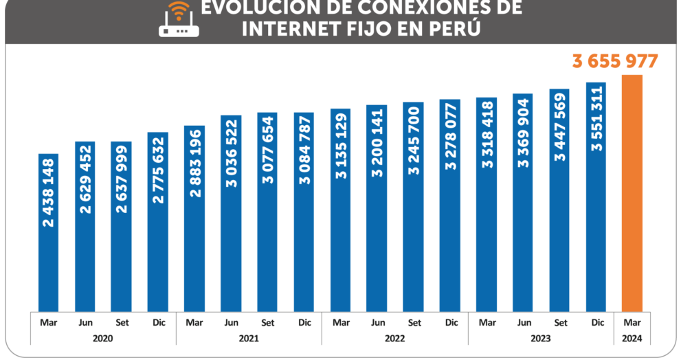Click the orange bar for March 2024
click(632, 192)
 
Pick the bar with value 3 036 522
click(231, 213)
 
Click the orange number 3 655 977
click(615, 61)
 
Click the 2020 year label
click(103, 338)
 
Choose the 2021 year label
click(249, 338)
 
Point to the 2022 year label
click(395, 338)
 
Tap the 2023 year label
click(541, 338)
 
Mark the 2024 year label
click(632, 338)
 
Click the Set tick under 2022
click(414, 322)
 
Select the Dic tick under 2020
click(158, 322)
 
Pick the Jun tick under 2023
click(524, 322)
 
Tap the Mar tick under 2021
click(194, 322)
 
